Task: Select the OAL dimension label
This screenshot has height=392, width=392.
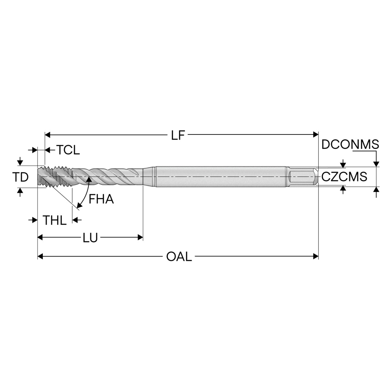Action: (179, 256)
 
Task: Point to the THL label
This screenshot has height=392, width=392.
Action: (54, 220)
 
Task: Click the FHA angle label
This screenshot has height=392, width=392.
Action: (101, 199)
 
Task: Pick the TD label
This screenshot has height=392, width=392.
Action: (20, 177)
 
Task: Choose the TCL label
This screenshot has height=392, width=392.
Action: (68, 150)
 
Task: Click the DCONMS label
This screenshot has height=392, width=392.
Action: (350, 145)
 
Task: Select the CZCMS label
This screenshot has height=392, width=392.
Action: (344, 177)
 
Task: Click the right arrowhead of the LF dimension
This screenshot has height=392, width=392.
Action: (316, 134)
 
